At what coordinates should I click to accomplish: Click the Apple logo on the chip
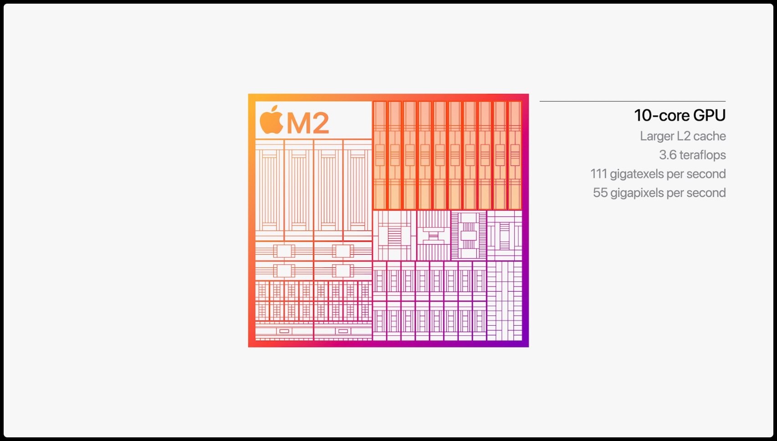click(x=271, y=120)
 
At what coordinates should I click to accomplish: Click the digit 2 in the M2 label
click(x=321, y=123)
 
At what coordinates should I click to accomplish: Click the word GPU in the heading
click(x=709, y=116)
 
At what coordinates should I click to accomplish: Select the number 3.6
click(x=668, y=155)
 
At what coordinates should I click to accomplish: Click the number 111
click(x=598, y=174)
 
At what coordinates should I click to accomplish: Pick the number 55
click(x=600, y=193)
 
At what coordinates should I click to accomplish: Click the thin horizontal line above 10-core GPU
click(x=632, y=101)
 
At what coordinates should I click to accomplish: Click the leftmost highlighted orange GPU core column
click(x=380, y=155)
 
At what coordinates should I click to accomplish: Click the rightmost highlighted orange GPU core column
click(x=515, y=155)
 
